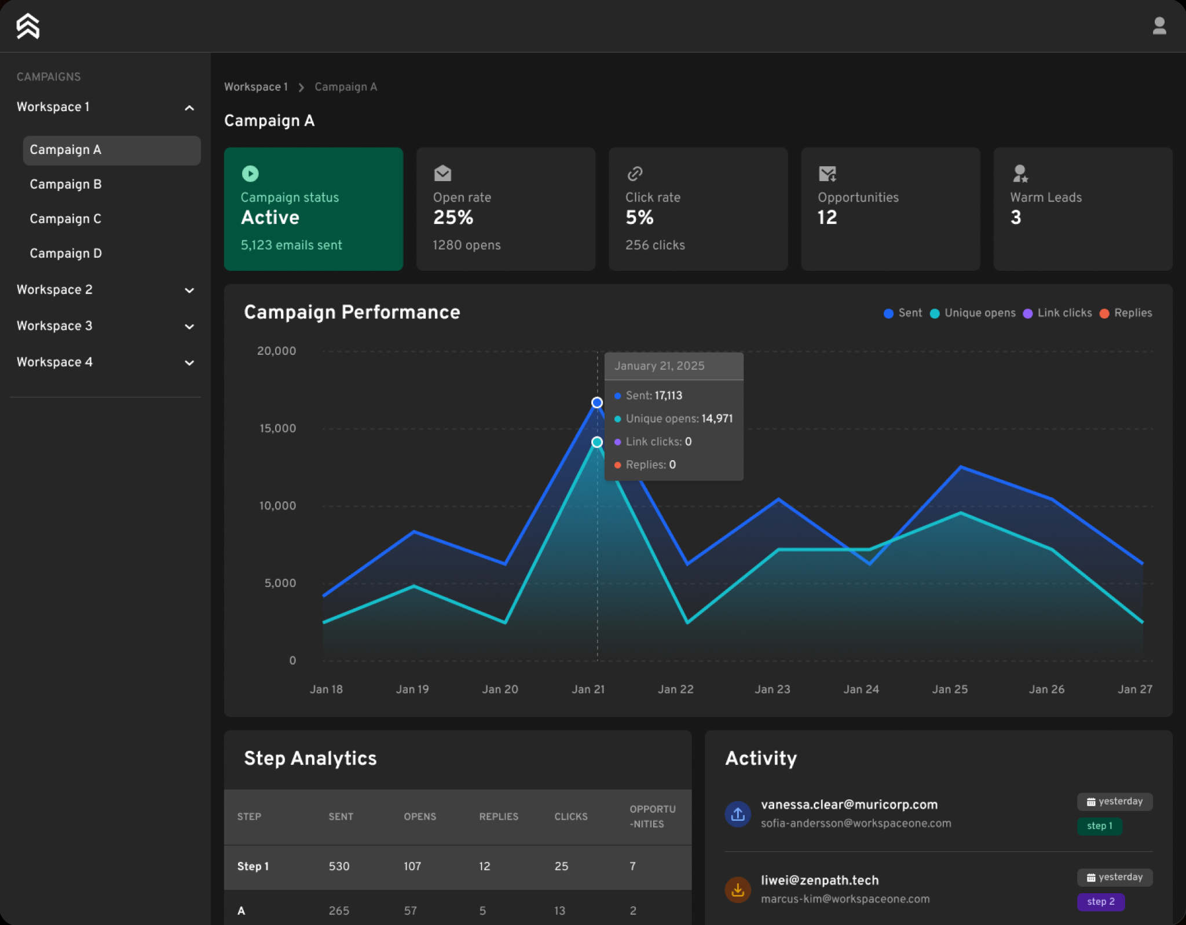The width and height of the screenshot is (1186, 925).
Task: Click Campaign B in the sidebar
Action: (65, 184)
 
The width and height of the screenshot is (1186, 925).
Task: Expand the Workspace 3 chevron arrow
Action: (189, 326)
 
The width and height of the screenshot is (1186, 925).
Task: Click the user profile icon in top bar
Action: (1159, 26)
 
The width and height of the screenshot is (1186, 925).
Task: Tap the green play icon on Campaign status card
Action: (250, 173)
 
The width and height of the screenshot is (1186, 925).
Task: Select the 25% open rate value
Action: (453, 218)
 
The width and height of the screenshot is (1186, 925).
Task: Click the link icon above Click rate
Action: (635, 173)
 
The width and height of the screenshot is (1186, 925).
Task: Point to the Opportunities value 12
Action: (827, 218)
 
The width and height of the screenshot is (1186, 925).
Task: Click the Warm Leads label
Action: (1045, 197)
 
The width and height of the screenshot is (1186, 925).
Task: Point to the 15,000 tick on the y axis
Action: (277, 428)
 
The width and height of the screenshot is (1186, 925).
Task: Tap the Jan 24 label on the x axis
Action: (861, 689)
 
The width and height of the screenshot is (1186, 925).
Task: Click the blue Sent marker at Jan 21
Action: (597, 402)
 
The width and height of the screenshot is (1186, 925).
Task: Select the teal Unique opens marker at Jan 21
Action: (597, 442)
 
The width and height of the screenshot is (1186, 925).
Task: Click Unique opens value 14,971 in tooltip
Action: (717, 419)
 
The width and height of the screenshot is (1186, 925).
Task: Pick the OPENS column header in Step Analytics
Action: (420, 817)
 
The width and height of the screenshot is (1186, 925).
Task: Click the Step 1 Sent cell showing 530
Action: (339, 867)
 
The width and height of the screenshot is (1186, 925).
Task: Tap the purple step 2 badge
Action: (1100, 902)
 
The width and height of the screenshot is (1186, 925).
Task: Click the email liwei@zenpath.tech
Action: (819, 880)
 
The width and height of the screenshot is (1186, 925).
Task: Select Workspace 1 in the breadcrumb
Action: (255, 87)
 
